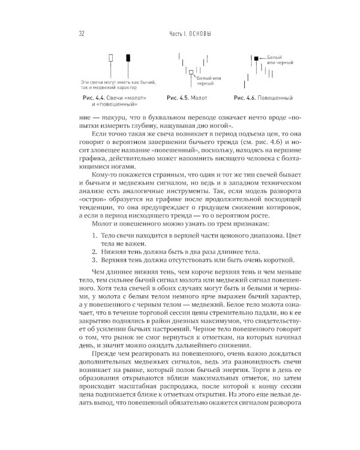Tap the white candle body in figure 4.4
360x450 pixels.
112,58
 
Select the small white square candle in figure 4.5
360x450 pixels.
191,71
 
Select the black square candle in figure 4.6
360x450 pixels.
256,58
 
